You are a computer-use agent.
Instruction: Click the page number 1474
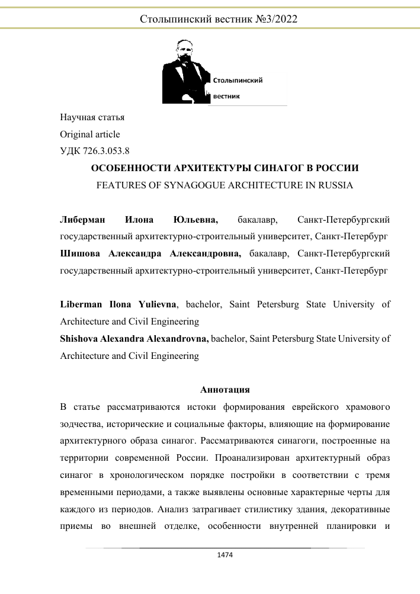[x=224, y=556]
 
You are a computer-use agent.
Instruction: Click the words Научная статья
[x=92, y=117]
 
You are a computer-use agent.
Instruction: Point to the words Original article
[x=90, y=134]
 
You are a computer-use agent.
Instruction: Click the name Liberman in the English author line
[x=81, y=305]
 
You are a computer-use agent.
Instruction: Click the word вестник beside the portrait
[x=227, y=96]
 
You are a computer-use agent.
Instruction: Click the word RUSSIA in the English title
[x=332, y=185]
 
